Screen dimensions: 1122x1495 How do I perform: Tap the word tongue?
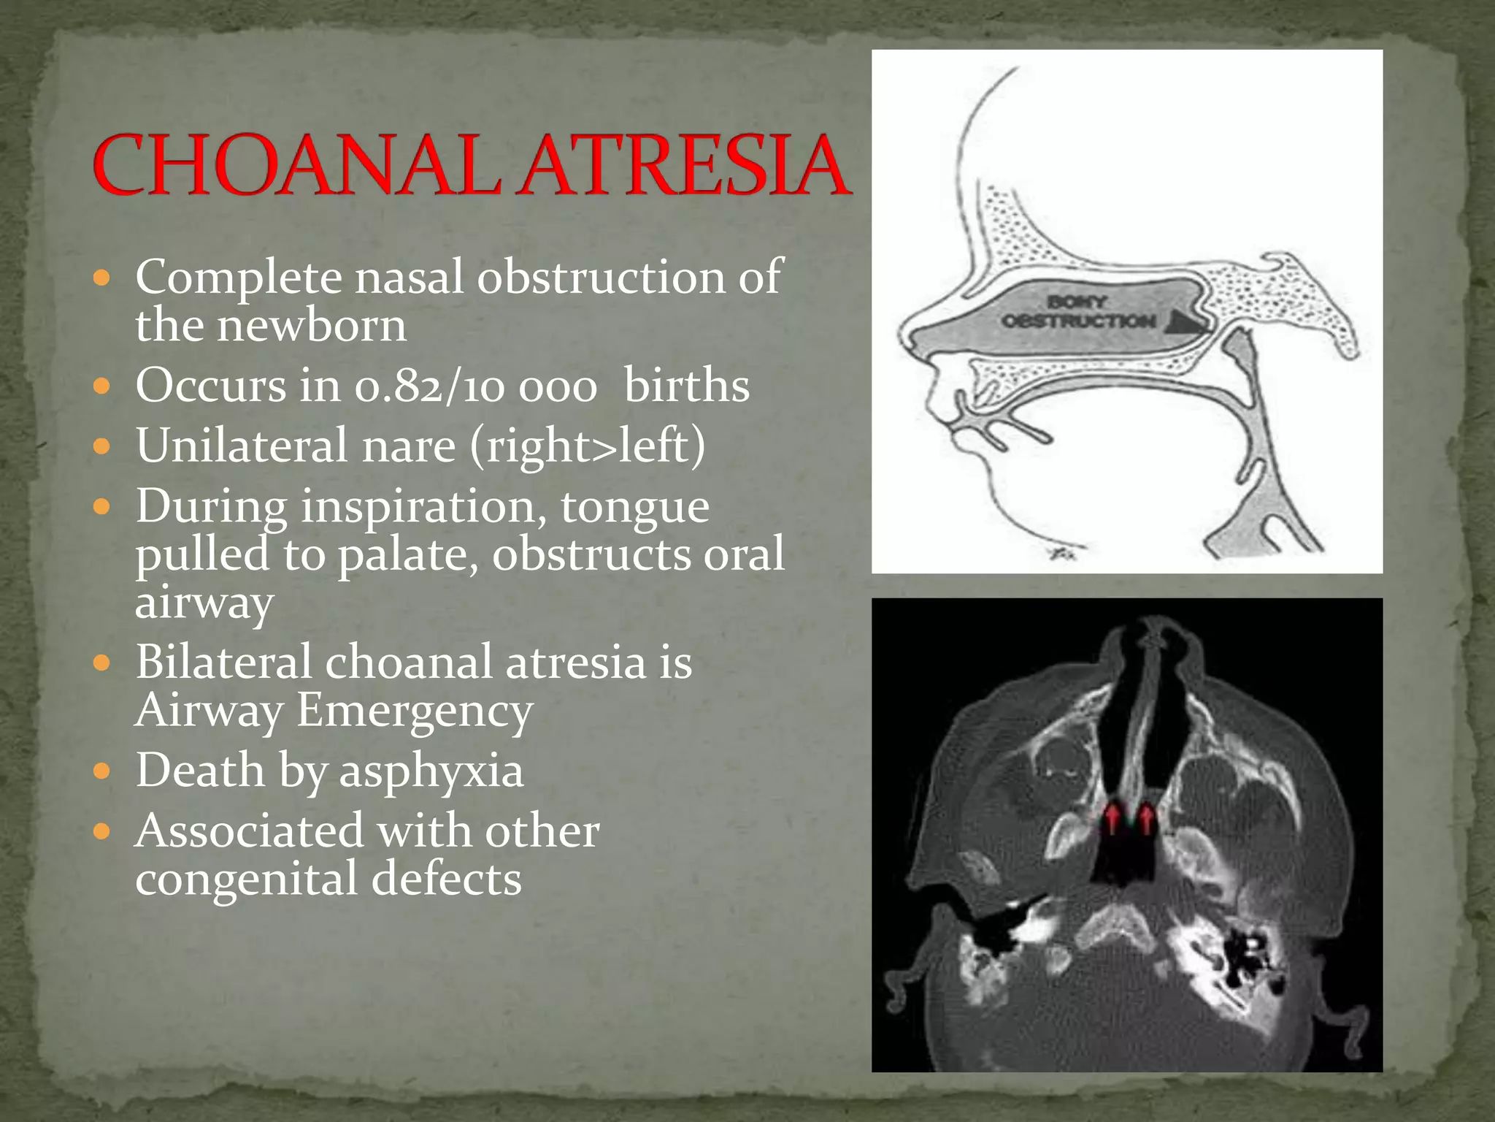pos(634,507)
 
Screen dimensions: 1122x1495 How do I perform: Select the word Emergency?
pos(415,711)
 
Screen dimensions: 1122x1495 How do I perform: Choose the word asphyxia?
pos(431,771)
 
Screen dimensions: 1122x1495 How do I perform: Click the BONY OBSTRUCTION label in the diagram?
pos(1078,312)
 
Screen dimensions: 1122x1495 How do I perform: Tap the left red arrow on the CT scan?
pos(1112,817)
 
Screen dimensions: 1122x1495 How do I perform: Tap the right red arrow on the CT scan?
pos(1147,817)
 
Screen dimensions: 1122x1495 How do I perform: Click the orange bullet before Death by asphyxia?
pos(102,771)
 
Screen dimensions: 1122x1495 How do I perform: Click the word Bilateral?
pos(223,663)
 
